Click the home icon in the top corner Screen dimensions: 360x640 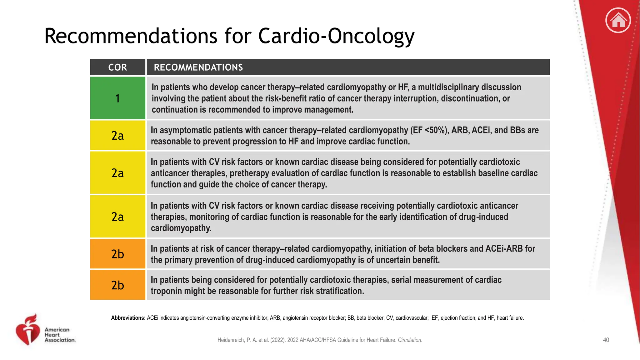[x=618, y=21]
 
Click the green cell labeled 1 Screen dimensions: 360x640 [x=117, y=98]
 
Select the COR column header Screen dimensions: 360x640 [x=117, y=67]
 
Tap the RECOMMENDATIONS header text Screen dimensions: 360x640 [x=198, y=67]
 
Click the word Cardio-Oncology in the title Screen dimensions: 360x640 [x=336, y=36]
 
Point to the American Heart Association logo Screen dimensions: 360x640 [x=45, y=330]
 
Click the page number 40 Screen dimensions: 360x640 [x=606, y=340]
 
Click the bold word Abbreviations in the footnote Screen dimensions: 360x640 [x=128, y=318]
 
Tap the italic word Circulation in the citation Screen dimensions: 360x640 [x=410, y=340]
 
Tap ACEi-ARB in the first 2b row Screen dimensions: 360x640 [x=504, y=249]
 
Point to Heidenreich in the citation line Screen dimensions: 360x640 [x=231, y=340]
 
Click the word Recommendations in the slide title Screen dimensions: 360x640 [x=130, y=36]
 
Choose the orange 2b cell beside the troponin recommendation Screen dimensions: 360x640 [x=117, y=285]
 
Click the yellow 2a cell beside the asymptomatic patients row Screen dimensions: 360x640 [x=117, y=135]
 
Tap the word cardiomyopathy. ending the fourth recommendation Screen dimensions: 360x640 [x=181, y=228]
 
